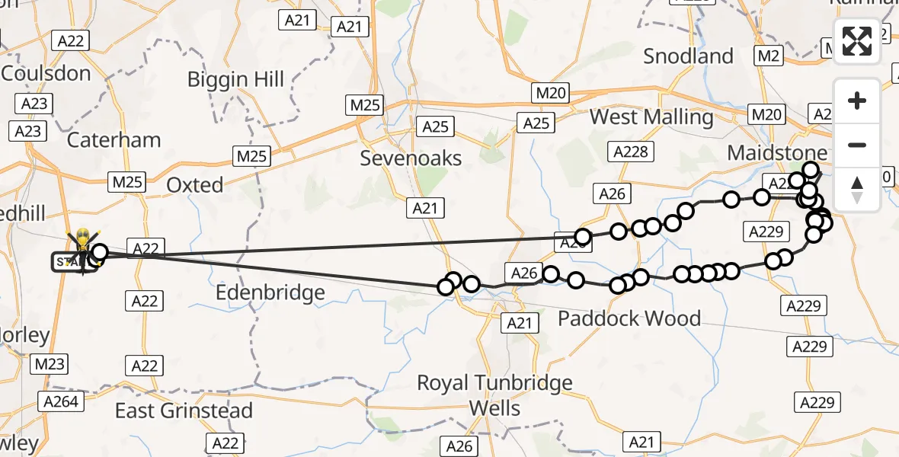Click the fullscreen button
pyautogui.click(x=857, y=41)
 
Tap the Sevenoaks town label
pyautogui.click(x=411, y=158)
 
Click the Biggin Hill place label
pyautogui.click(x=235, y=79)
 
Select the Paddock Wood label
pyautogui.click(x=629, y=318)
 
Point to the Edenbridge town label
pyautogui.click(x=270, y=292)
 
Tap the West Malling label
pyautogui.click(x=651, y=117)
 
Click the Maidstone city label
pyautogui.click(x=777, y=152)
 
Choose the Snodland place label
pyautogui.click(x=688, y=56)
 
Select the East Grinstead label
pyautogui.click(x=184, y=411)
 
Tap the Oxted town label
pyautogui.click(x=195, y=185)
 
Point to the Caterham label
pyautogui.click(x=114, y=140)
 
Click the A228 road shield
pyautogui.click(x=630, y=152)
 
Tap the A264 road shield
pyautogui.click(x=62, y=401)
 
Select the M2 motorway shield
pyautogui.click(x=768, y=56)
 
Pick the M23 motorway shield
pyautogui.click(x=50, y=365)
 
